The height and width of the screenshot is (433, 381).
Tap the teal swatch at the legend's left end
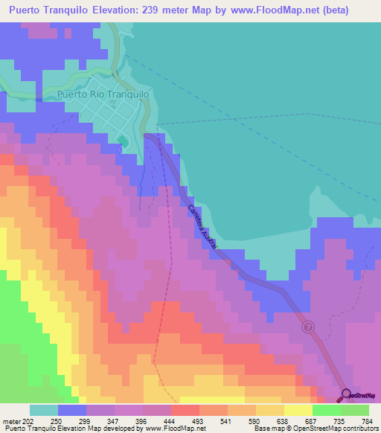(x=44, y=410)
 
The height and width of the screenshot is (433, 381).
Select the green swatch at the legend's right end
(x=355, y=410)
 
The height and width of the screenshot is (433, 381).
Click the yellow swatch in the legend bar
(x=298, y=410)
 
